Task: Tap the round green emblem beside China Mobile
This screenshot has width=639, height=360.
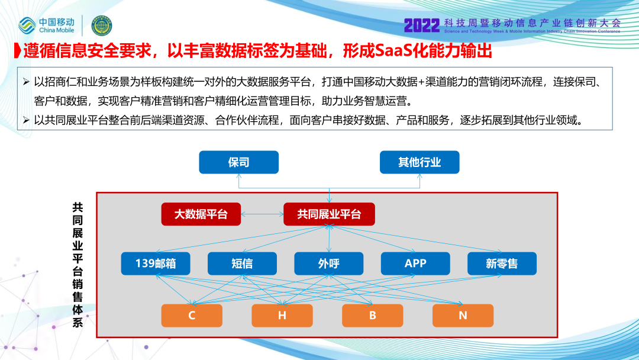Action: (x=102, y=25)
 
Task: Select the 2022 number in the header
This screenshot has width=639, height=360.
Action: (x=422, y=25)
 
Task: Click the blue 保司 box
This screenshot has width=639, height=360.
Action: (x=238, y=162)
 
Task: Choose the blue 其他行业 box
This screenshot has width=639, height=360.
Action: (x=419, y=162)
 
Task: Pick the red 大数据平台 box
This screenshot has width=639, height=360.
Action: (x=201, y=214)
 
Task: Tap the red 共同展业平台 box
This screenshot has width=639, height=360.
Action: (x=329, y=214)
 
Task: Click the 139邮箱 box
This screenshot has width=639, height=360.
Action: (x=156, y=263)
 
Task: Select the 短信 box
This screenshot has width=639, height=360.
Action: (x=242, y=263)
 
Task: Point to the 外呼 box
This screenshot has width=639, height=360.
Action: (x=329, y=263)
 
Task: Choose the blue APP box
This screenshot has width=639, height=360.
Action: (x=415, y=263)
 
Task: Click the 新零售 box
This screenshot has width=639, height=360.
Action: (x=502, y=263)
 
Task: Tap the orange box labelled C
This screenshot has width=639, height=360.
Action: (x=192, y=316)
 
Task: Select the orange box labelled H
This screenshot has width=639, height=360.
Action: (x=282, y=316)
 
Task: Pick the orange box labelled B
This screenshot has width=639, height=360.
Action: (x=373, y=316)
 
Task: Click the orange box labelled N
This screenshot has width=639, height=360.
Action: (x=463, y=316)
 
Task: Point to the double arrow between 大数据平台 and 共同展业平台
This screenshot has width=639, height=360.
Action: (x=262, y=214)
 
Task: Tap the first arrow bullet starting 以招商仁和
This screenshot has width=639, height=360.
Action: (x=26, y=82)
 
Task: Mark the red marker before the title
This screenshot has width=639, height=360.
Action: (x=18, y=51)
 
